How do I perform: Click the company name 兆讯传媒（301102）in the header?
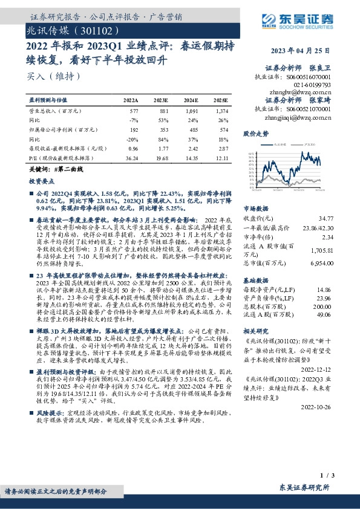tap(68, 29)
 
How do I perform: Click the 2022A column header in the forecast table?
tap(130, 100)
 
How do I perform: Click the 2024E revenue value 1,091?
tap(191, 111)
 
